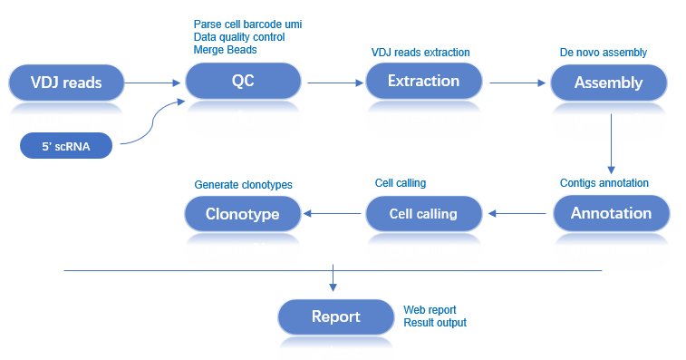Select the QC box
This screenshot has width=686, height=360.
click(243, 81)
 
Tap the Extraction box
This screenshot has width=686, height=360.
click(423, 81)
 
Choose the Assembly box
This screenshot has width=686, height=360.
click(608, 83)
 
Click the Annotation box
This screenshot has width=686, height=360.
click(611, 214)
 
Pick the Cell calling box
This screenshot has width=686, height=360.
click(423, 214)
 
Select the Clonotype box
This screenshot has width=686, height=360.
click(242, 214)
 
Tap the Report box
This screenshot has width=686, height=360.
click(335, 316)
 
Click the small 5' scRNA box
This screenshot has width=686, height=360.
click(65, 145)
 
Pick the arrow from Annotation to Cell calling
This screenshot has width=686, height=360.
click(519, 214)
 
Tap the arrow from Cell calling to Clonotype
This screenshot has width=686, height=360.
click(333, 214)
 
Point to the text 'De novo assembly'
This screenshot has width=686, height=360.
click(604, 53)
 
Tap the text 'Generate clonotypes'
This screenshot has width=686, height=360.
click(243, 184)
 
